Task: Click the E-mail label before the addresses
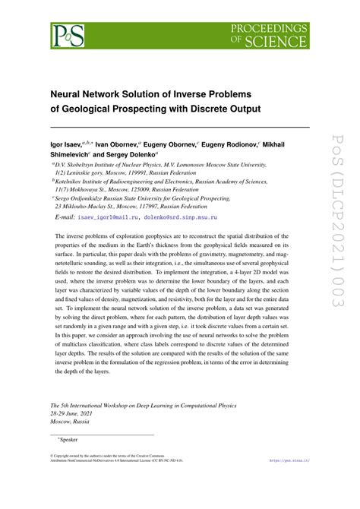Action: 66,218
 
